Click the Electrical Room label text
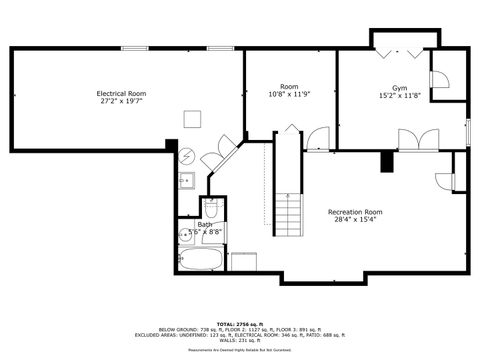[120, 93]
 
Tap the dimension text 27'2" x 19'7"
[120, 101]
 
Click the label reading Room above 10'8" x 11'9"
[289, 87]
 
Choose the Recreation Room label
[355, 212]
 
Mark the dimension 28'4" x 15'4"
[355, 220]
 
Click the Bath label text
[205, 224]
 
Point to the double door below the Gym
[417, 139]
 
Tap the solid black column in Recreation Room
[386, 161]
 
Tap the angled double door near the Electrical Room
[219, 156]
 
